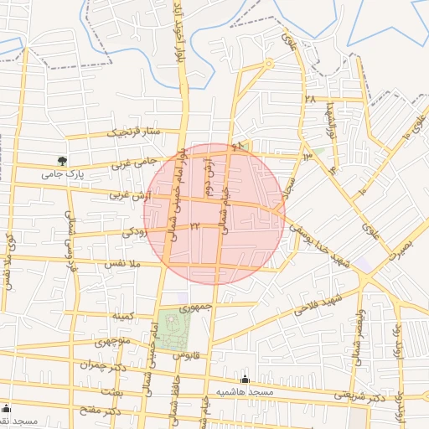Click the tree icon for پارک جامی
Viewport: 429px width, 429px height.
point(62,160)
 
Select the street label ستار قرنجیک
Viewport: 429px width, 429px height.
point(131,132)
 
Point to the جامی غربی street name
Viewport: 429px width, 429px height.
point(135,164)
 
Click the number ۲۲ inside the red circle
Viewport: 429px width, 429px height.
point(194,226)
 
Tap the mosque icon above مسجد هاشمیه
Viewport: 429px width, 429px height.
point(246,379)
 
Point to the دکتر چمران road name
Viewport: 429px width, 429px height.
point(102,365)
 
